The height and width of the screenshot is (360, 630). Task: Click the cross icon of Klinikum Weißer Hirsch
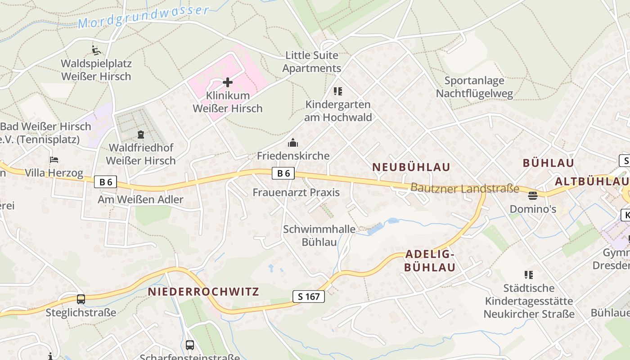[228, 82]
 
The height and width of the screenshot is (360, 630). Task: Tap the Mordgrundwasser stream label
[144, 16]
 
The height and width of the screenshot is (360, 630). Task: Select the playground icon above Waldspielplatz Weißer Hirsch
[96, 50]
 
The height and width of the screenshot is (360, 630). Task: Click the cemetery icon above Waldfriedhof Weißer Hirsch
[141, 134]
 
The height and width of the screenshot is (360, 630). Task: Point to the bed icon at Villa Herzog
[54, 160]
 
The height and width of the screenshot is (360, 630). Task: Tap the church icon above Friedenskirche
[293, 143]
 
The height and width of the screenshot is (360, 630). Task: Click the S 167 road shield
[309, 297]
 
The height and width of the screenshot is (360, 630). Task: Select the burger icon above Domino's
[533, 196]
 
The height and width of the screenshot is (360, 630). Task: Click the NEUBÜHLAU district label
[411, 167]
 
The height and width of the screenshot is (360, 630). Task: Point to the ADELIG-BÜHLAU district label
[430, 261]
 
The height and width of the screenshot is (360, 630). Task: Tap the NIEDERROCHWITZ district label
[203, 292]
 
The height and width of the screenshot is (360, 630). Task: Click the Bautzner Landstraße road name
[464, 188]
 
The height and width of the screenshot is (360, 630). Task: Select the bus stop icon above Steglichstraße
[81, 299]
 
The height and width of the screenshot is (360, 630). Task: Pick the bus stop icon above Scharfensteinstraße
[190, 345]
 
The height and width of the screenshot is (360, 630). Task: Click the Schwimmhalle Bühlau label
[319, 235]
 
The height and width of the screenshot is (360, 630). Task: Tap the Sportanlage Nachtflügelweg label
[474, 87]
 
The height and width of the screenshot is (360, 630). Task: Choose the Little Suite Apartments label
[312, 62]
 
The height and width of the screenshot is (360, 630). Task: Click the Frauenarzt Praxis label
[296, 193]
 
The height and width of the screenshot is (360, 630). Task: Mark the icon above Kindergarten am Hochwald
[338, 91]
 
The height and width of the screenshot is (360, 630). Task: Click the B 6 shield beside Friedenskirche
[283, 173]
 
